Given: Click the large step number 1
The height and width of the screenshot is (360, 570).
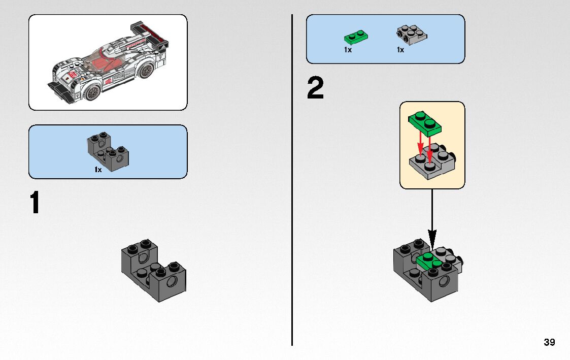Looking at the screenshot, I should [x=35, y=203].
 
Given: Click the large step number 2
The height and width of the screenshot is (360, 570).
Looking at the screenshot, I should [x=315, y=88].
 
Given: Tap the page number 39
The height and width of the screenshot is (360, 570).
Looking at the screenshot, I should [x=549, y=342].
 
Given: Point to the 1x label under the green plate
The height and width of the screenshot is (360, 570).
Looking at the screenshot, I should [x=348, y=50].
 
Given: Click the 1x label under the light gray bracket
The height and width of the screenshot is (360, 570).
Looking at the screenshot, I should [x=400, y=50].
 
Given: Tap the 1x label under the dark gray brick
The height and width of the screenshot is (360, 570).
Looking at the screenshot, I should [x=98, y=170].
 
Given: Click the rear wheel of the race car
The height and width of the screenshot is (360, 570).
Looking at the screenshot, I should [x=147, y=70].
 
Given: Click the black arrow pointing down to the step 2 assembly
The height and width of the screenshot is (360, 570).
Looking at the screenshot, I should [x=432, y=218].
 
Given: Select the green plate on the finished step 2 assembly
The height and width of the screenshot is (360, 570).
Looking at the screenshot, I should [x=428, y=260].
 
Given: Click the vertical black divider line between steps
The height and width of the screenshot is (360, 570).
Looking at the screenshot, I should [x=292, y=178].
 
